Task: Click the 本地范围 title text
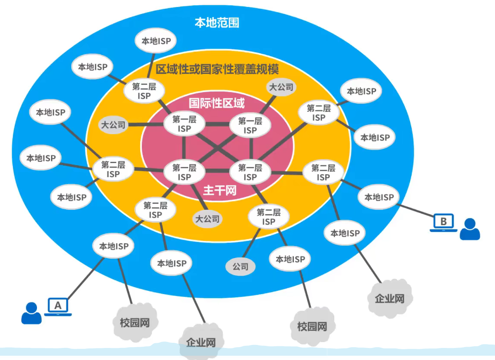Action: pos(217,22)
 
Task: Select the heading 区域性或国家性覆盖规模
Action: pos(217,70)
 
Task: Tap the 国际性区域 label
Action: pos(217,104)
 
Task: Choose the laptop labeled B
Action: pos(443,222)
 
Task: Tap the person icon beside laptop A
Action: pos(31,313)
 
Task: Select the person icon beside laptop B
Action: pos(469,229)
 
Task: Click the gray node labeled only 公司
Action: pos(240,267)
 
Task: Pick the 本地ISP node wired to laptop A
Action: pos(114,246)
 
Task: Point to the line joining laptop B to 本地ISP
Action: pos(417,212)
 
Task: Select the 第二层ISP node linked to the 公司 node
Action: pos(268,217)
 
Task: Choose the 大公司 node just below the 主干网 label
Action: pos(208,219)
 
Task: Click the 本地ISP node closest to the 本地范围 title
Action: pos(156,42)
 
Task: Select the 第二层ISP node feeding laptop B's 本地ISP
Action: pos(323,172)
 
